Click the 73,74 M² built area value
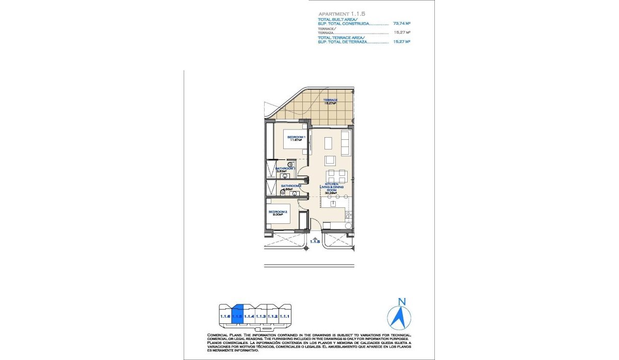401,23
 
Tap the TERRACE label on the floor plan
330,100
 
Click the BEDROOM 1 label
297,137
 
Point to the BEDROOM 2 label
278,212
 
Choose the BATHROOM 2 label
291,186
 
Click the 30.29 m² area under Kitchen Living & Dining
330,193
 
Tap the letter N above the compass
402,302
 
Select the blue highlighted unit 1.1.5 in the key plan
237,316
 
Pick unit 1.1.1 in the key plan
285,316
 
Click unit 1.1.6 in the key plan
225,316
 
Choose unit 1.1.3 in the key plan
261,316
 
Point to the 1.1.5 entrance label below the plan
315,241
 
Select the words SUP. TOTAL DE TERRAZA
342,42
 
